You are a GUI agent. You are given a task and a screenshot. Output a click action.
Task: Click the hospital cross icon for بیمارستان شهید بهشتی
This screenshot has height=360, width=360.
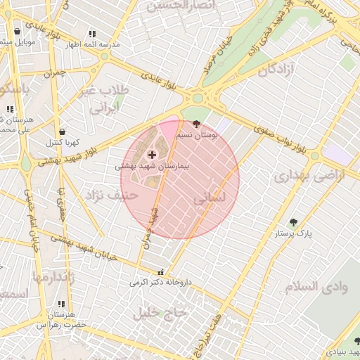click(x=152, y=153)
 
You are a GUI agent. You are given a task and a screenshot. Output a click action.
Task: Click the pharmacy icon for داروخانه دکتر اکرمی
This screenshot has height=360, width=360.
click(x=162, y=272)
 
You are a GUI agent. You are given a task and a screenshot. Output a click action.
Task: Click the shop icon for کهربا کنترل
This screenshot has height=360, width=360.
click(x=65, y=131)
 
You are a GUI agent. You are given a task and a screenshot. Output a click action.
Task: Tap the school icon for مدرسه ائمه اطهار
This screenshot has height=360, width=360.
click(x=91, y=34)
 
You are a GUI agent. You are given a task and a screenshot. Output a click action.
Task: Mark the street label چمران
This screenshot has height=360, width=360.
click(x=53, y=73)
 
